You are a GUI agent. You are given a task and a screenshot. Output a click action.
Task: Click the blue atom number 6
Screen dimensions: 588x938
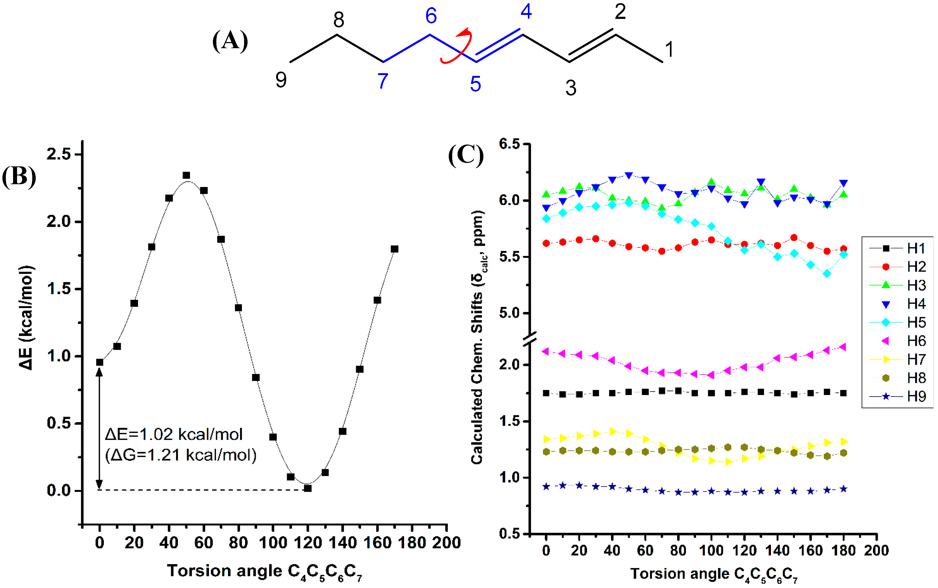431,16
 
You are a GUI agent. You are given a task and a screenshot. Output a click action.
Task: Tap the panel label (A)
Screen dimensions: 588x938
230,41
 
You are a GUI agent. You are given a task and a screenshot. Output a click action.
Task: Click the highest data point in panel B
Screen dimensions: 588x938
187,175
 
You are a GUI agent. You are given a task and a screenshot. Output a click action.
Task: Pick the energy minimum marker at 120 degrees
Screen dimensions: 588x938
308,488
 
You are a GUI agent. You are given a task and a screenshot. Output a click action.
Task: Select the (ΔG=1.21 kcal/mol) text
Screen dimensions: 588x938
181,455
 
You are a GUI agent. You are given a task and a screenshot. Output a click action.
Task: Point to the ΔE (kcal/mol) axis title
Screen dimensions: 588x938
26,317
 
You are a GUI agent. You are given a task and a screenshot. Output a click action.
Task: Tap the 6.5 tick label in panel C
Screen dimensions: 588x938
510,144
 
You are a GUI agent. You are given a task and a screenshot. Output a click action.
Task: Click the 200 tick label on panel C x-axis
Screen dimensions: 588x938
876,551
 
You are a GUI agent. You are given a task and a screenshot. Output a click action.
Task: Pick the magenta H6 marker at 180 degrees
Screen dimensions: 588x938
843,347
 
